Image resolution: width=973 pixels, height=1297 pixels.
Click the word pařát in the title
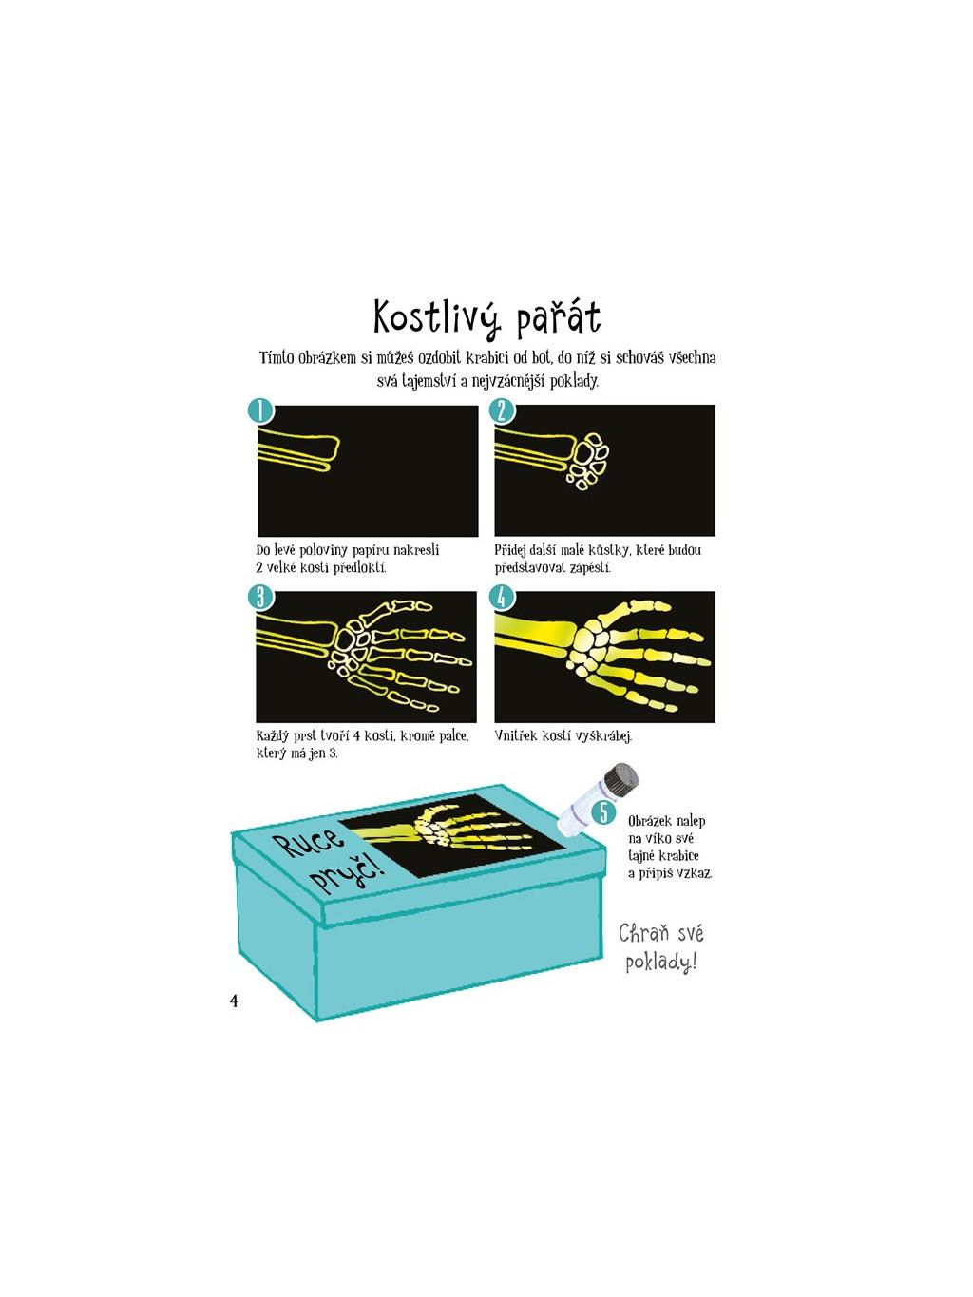[x=558, y=319]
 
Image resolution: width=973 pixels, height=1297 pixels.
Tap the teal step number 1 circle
[x=260, y=410]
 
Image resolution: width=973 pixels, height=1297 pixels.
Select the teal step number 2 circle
[x=501, y=410]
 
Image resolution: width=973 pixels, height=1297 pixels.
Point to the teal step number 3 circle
[x=260, y=597]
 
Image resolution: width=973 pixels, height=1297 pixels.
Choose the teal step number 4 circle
[x=501, y=597]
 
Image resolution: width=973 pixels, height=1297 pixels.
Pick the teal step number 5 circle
[x=602, y=812]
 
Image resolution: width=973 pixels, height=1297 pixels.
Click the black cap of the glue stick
[x=622, y=780]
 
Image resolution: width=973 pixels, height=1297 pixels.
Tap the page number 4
[x=234, y=1001]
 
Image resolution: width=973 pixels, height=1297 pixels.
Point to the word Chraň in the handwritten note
[x=643, y=933]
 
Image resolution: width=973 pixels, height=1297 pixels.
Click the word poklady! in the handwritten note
[x=660, y=962]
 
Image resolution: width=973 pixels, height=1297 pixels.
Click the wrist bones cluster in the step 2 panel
[x=590, y=461]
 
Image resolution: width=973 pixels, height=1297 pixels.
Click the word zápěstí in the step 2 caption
[x=590, y=568]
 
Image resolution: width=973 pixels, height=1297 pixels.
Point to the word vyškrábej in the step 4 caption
[x=601, y=736]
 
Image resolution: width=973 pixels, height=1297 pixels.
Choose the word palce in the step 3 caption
[x=453, y=736]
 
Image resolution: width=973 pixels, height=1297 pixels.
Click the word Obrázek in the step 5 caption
[x=650, y=821]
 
